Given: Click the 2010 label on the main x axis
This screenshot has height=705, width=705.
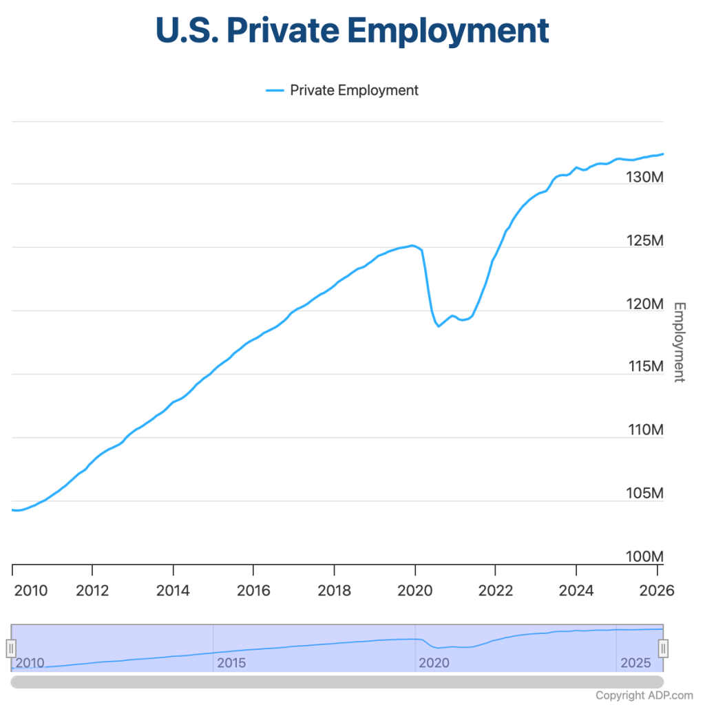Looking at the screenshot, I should [x=30, y=591].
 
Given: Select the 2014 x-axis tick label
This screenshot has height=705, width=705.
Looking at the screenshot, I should [x=173, y=591].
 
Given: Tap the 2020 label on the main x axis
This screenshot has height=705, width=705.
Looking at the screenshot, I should [x=414, y=591].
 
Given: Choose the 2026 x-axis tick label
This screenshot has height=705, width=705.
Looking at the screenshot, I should [x=656, y=591].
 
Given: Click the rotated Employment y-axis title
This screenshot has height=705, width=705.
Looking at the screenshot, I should [x=678, y=341].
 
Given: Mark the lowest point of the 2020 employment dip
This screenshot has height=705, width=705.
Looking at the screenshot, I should [x=439, y=326].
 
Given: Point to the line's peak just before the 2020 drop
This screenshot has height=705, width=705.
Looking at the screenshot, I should [x=412, y=245].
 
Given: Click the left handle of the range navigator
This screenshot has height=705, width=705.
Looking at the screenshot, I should [x=11, y=648].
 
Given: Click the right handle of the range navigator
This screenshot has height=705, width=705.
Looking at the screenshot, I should [x=663, y=648].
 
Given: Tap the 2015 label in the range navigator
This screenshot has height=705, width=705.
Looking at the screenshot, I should [x=231, y=663].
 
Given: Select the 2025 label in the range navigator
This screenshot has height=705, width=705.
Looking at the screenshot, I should [x=635, y=663].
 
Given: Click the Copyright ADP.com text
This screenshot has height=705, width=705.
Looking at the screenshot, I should [x=644, y=695].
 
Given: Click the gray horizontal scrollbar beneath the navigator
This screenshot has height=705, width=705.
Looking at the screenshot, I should [x=337, y=681].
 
